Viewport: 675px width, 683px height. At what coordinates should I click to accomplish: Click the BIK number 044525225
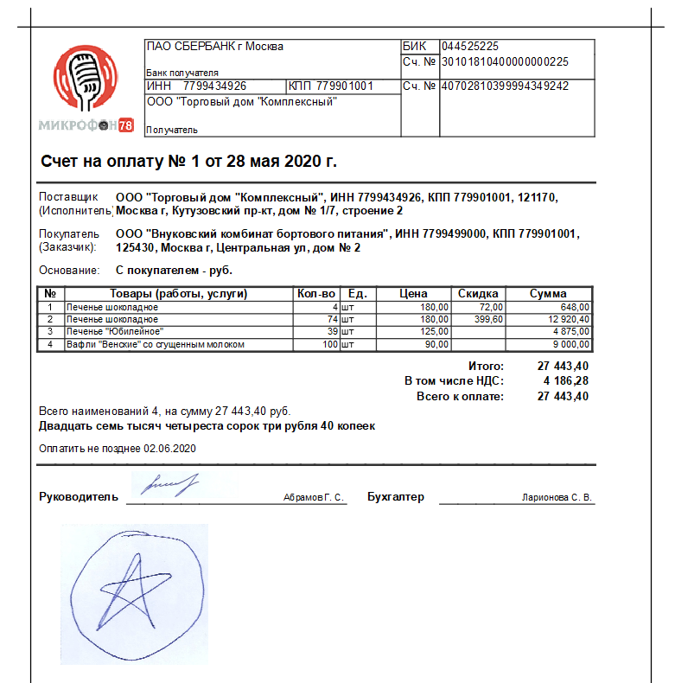point(469,47)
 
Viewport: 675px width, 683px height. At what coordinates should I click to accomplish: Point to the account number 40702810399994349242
point(505,86)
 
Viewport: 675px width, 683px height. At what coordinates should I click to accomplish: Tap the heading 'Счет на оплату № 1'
point(188,162)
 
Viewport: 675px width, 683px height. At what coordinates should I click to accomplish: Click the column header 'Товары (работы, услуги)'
point(179,294)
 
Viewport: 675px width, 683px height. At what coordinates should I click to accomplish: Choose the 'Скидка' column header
point(478,294)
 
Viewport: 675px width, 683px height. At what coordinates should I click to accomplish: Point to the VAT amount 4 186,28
point(565,380)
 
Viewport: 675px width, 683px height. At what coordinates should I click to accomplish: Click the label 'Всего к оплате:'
point(460,396)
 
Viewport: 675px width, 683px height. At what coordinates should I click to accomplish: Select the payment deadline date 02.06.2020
point(171,449)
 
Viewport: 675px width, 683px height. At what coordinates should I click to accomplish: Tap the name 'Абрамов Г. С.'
point(313,498)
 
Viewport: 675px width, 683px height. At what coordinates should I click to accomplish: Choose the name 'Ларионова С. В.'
point(557,498)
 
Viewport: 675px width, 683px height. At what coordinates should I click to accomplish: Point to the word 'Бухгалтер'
point(396,497)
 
